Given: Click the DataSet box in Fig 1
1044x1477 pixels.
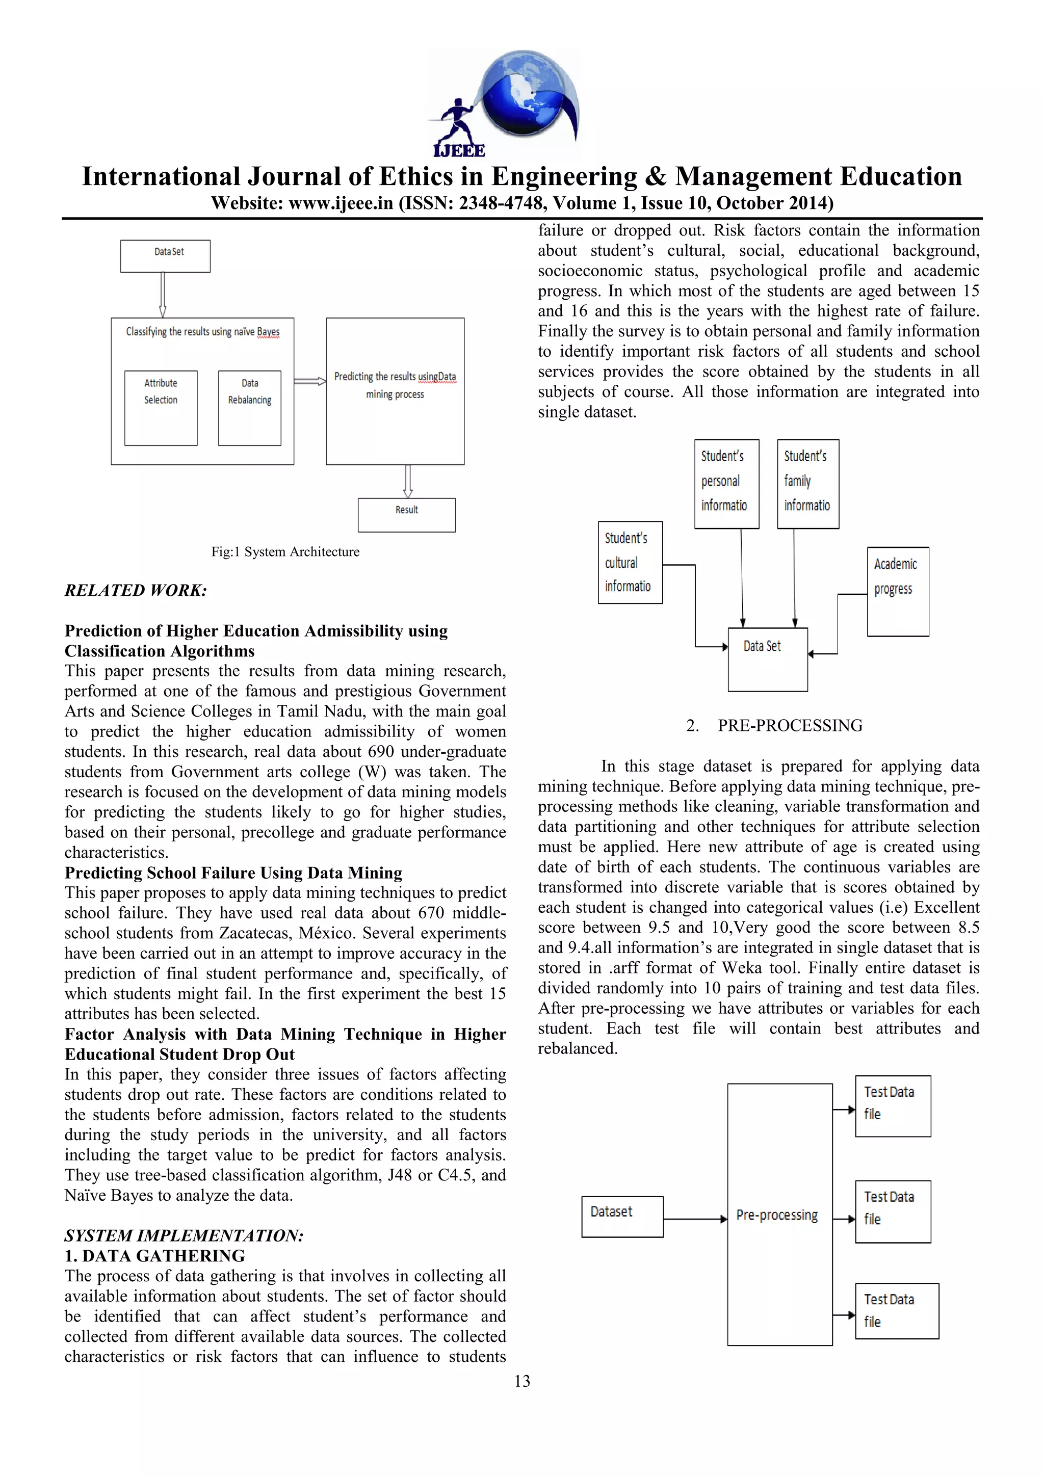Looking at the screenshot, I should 165,256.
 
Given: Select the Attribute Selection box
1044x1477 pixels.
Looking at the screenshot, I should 161,407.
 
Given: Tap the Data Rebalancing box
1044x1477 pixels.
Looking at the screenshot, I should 250,407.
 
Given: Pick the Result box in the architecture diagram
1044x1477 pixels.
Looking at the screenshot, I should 406,515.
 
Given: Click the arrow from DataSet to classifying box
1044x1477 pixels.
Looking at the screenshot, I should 163,295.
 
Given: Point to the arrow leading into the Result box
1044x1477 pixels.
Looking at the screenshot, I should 408,481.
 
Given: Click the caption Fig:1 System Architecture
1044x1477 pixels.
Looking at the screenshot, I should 285,552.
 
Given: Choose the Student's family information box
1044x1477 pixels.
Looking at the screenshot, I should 808,484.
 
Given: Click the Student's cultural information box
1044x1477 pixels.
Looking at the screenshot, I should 630,562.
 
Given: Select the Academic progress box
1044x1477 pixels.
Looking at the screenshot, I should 897,591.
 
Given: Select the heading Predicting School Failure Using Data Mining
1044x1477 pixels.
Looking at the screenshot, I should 233,873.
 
